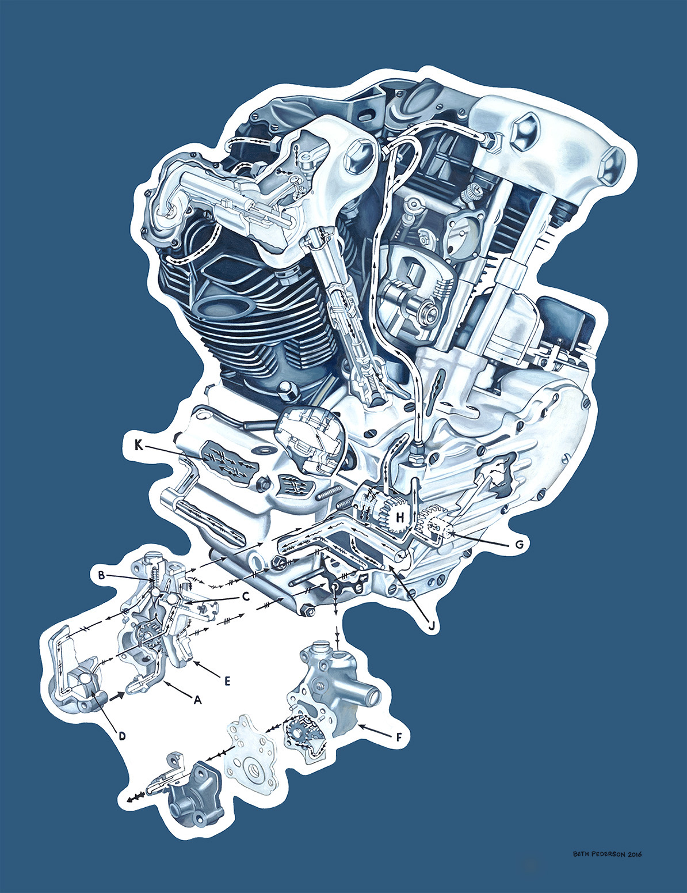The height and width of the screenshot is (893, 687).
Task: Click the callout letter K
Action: coord(139,446)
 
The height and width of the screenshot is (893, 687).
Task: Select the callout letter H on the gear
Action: coord(399,518)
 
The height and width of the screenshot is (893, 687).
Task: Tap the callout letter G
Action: coord(519,545)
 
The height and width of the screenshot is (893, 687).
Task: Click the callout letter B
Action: coord(101,575)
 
